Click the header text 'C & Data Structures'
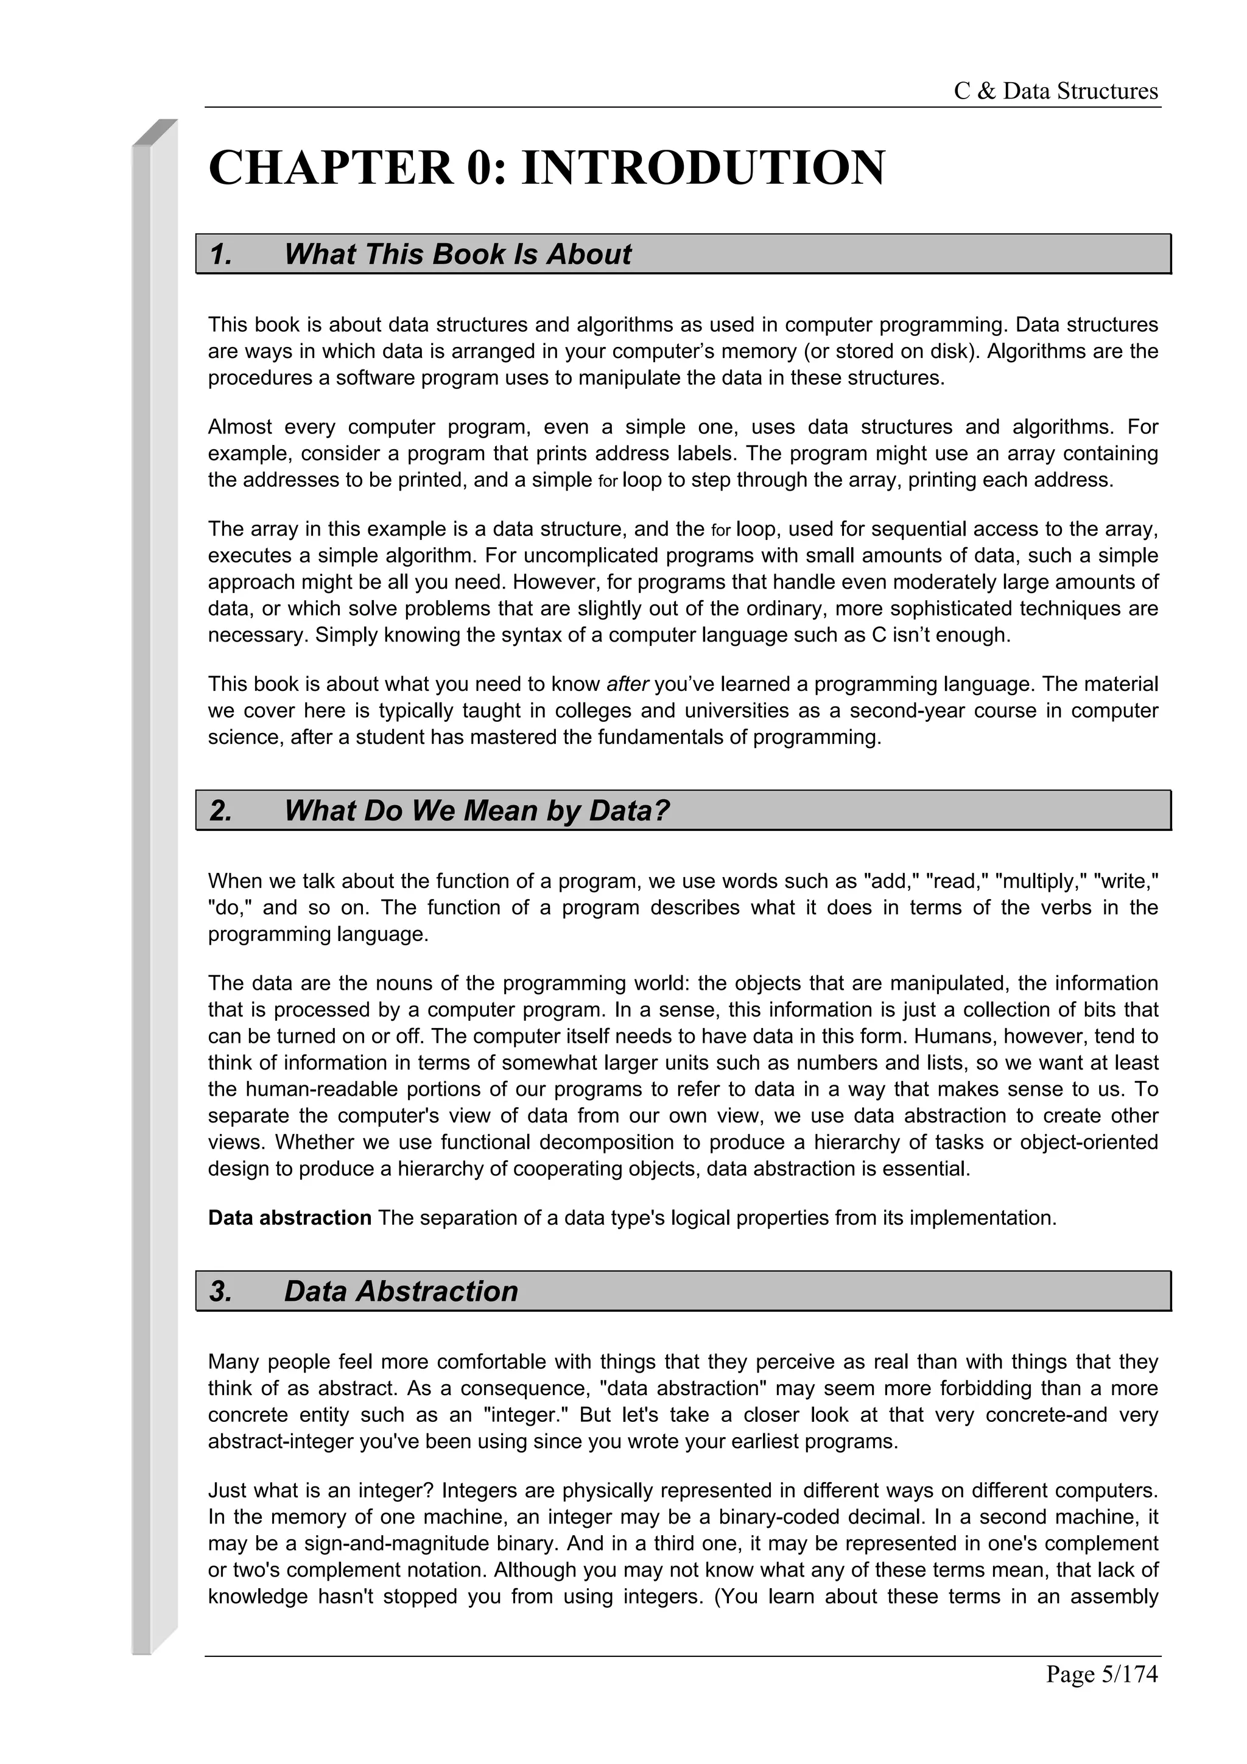point(1055,91)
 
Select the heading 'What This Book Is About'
point(457,254)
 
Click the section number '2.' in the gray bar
point(220,811)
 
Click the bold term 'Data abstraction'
point(290,1218)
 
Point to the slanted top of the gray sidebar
point(155,132)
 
